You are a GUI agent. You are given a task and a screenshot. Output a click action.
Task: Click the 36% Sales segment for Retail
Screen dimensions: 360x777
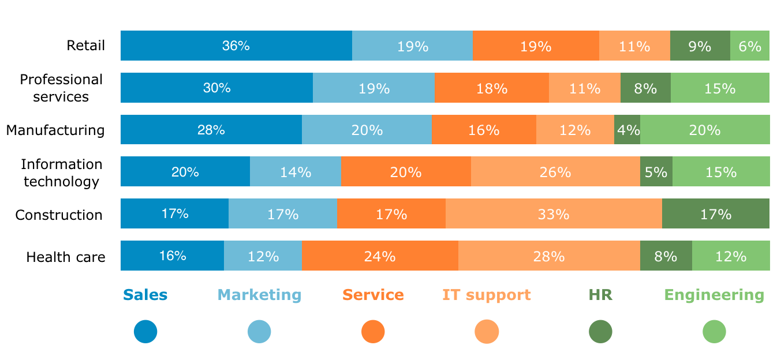click(236, 46)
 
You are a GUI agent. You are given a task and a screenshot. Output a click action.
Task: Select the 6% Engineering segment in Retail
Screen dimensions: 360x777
click(749, 46)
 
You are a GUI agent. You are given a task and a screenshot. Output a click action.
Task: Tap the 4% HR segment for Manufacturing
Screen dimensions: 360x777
click(627, 130)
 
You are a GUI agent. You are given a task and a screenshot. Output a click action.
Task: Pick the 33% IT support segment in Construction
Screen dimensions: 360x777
click(554, 214)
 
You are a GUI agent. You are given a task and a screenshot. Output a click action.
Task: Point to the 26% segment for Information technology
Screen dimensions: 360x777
click(555, 172)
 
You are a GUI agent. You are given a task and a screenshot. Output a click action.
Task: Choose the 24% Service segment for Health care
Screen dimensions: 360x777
click(380, 256)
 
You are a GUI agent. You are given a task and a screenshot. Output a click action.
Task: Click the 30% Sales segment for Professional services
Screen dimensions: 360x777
click(216, 88)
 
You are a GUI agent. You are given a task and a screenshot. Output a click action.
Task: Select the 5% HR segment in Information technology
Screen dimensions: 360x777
click(656, 172)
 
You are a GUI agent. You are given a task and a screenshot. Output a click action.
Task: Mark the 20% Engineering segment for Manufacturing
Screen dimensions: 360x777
click(705, 130)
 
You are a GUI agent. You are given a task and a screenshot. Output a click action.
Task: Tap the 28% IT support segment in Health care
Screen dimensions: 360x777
click(549, 256)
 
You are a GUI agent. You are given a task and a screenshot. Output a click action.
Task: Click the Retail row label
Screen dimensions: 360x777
click(86, 46)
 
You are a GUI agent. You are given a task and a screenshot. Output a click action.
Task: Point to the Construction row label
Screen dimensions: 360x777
click(59, 215)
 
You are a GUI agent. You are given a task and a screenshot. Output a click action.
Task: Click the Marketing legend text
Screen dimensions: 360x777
click(259, 295)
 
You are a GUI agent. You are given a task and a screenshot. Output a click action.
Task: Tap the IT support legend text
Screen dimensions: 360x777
click(486, 295)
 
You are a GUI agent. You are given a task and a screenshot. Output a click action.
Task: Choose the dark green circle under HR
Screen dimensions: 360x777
click(600, 332)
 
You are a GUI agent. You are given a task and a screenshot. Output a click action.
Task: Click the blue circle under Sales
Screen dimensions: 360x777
click(145, 332)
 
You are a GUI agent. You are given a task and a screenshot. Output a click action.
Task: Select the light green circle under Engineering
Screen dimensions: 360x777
click(714, 332)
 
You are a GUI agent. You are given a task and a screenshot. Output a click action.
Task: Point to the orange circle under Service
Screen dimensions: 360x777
click(373, 332)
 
